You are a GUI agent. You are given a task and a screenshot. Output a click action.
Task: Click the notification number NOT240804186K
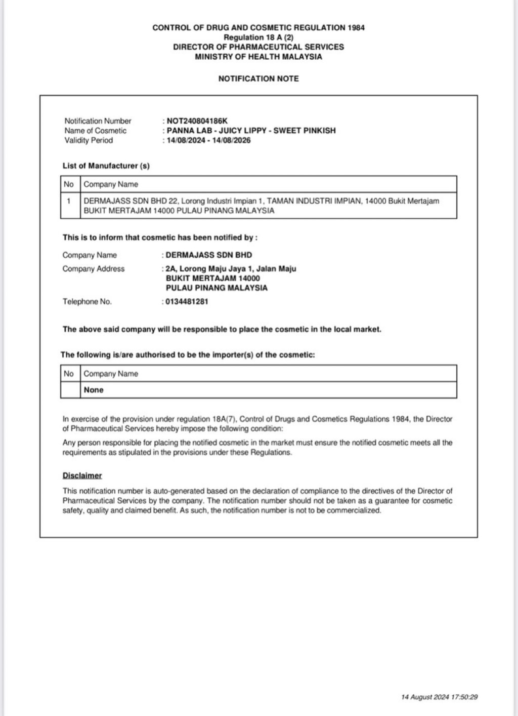tap(197, 121)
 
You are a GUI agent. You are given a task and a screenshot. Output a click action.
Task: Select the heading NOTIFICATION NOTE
tap(258, 78)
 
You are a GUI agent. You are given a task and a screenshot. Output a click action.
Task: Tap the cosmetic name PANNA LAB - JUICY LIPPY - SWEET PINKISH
tap(251, 131)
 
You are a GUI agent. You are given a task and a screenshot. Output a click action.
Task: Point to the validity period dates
tap(208, 140)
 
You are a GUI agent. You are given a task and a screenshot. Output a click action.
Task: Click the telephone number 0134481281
tap(187, 302)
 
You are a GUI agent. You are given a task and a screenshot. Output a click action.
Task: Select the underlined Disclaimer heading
tap(82, 475)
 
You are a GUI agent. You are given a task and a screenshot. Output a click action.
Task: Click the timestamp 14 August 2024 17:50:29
tap(439, 697)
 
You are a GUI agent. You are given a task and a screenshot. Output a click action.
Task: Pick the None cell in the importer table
tap(94, 390)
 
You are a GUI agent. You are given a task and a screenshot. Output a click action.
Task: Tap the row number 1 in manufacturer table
tap(69, 201)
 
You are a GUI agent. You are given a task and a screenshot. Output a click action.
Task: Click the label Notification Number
tap(98, 121)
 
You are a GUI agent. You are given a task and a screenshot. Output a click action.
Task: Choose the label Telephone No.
tap(87, 302)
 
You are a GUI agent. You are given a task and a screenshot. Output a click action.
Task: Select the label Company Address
tap(94, 269)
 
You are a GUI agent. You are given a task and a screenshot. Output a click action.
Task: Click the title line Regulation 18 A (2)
tap(258, 37)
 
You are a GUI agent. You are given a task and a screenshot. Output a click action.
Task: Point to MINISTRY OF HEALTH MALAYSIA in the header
tap(258, 57)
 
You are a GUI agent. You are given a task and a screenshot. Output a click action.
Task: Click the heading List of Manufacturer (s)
tap(106, 166)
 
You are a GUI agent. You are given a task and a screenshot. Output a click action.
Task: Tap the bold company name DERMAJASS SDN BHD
tap(208, 255)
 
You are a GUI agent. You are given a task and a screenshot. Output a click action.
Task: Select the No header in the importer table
tap(69, 374)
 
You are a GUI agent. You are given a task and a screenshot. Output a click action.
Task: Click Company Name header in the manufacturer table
tap(111, 184)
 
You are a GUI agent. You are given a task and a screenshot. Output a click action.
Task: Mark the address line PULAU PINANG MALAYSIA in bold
tap(217, 288)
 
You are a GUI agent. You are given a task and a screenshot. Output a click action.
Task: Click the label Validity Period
tap(89, 140)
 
